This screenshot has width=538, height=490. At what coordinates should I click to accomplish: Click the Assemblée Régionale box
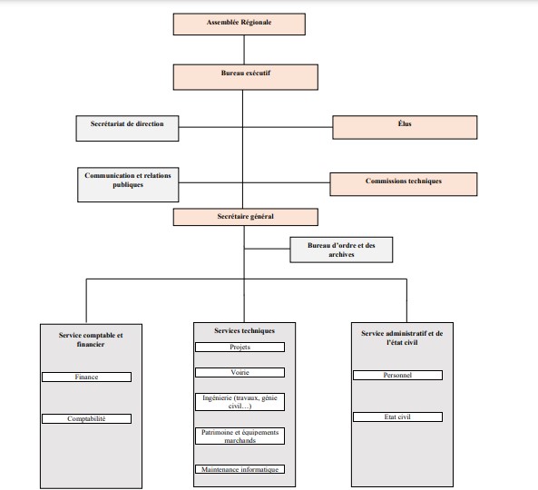click(240, 24)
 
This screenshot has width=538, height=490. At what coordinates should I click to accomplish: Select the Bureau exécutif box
click(246, 77)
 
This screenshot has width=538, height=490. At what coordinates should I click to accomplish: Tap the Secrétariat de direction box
click(127, 128)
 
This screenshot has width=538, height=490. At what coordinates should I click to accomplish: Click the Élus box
click(405, 127)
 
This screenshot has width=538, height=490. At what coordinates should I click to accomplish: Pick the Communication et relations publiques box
click(128, 184)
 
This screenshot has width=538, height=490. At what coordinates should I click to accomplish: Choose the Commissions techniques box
click(404, 184)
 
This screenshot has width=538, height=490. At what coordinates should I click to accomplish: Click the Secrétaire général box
click(246, 217)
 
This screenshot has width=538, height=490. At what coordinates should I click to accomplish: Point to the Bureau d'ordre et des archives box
click(341, 250)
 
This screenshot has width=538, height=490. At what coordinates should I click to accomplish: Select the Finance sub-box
click(86, 377)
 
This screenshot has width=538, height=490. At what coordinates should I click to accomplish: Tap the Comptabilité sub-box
click(86, 418)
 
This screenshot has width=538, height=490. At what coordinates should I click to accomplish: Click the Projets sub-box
click(240, 348)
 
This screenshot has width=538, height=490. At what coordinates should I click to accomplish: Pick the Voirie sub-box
click(240, 373)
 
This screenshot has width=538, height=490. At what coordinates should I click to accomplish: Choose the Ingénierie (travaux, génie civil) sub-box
click(240, 402)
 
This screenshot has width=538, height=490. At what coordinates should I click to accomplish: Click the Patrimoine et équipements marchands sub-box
click(240, 436)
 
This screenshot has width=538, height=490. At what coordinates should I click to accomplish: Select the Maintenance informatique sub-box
click(240, 469)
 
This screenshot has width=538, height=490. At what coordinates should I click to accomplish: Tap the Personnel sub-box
click(397, 375)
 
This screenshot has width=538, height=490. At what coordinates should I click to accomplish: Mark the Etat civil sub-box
click(397, 416)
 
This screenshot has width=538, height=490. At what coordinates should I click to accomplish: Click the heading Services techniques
click(244, 331)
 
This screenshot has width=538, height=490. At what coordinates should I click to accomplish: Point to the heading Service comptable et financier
click(91, 339)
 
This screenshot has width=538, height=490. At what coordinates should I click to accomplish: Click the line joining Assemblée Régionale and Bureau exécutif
click(244, 50)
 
